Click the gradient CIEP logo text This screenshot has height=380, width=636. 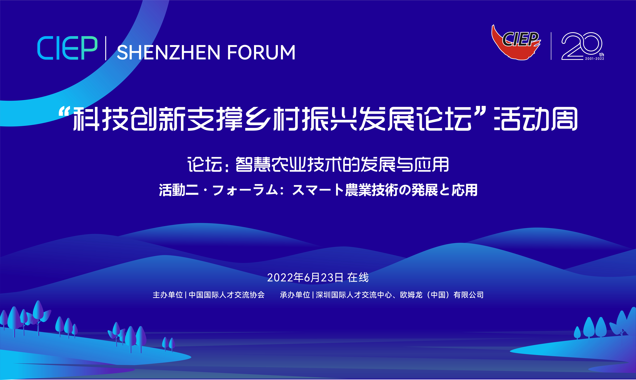(67, 48)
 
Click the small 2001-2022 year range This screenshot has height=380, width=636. (595, 59)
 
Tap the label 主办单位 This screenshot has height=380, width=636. (168, 295)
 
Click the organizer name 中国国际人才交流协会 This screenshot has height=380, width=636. (227, 295)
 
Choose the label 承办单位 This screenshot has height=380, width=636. (295, 295)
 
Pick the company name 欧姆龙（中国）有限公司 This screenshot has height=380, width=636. (442, 295)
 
